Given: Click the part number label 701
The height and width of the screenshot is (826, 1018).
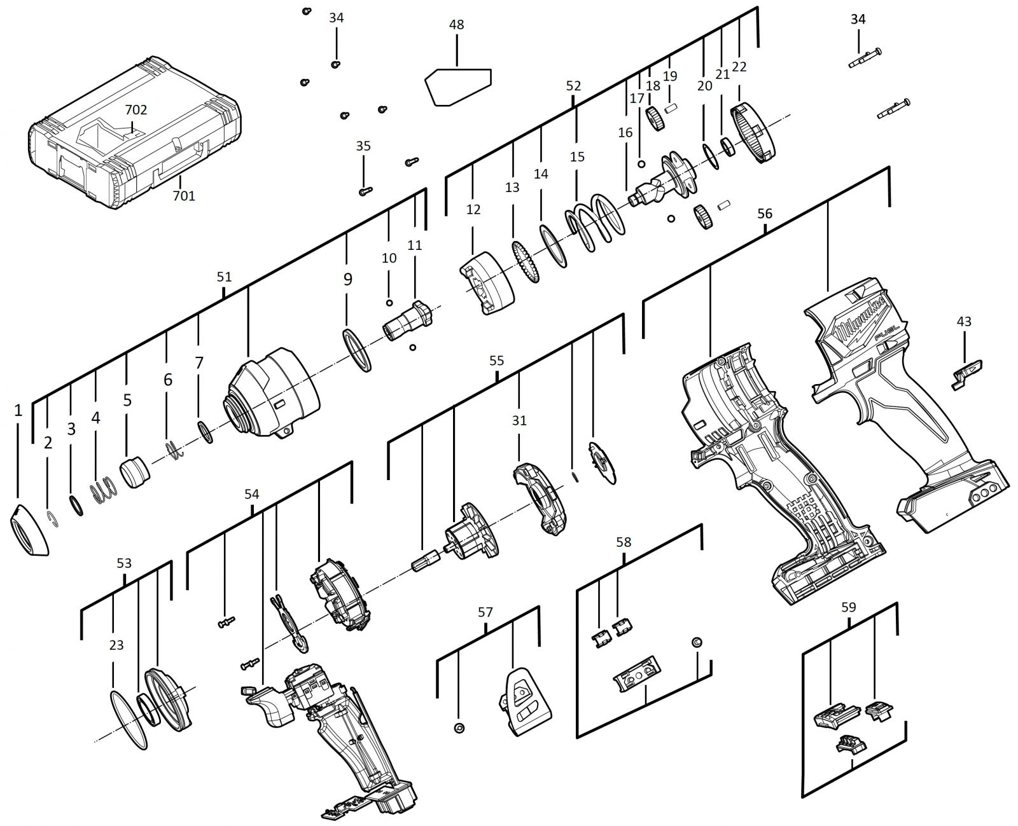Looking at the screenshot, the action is tap(184, 195).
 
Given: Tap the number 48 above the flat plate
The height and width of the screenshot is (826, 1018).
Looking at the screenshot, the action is tap(456, 24).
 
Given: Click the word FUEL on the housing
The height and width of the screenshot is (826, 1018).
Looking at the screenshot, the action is tap(888, 332).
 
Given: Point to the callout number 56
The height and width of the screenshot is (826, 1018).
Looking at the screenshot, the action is tap(765, 214).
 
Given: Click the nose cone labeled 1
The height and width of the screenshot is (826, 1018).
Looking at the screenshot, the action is tap(29, 529).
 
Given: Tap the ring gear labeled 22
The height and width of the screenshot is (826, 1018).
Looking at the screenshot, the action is tap(753, 134).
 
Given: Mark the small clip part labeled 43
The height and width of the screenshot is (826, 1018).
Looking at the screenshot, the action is tap(965, 376).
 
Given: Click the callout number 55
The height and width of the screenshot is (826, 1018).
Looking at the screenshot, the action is tap(496, 360).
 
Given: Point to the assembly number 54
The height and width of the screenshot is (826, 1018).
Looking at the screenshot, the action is tap(251, 494).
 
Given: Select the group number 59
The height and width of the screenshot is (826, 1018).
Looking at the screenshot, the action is tap(848, 607).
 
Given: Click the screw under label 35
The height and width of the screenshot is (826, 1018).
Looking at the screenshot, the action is tap(366, 191).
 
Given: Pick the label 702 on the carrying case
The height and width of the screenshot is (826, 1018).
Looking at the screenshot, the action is tap(136, 110).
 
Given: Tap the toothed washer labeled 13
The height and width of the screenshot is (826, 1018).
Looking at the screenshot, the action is tap(526, 262).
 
